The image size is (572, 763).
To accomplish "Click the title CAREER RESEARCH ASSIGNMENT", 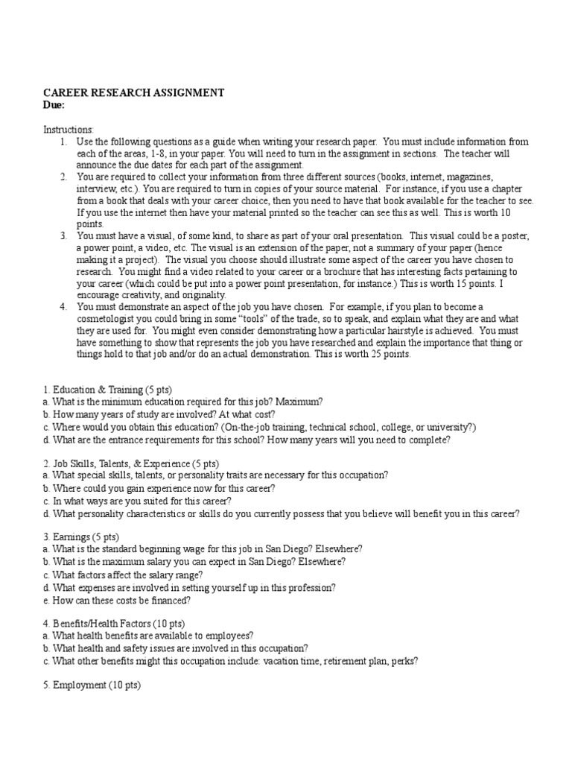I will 133,93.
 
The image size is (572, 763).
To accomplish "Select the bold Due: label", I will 54,105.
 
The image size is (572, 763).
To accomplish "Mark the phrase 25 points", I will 398,355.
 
